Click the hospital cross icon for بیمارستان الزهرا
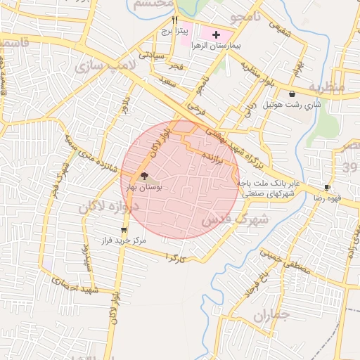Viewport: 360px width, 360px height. [217, 34]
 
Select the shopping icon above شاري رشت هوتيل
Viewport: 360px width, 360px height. [291, 94]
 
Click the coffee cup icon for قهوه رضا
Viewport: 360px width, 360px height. [327, 187]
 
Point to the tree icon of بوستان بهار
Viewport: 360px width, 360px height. [144, 176]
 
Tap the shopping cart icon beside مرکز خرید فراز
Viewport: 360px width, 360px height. [124, 230]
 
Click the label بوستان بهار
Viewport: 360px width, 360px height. [145, 188]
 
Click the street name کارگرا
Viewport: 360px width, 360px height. [174, 257]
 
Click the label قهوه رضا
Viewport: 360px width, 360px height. [328, 198]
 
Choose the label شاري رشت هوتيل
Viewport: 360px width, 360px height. [291, 105]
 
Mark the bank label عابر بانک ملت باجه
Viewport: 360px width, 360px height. [268, 184]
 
